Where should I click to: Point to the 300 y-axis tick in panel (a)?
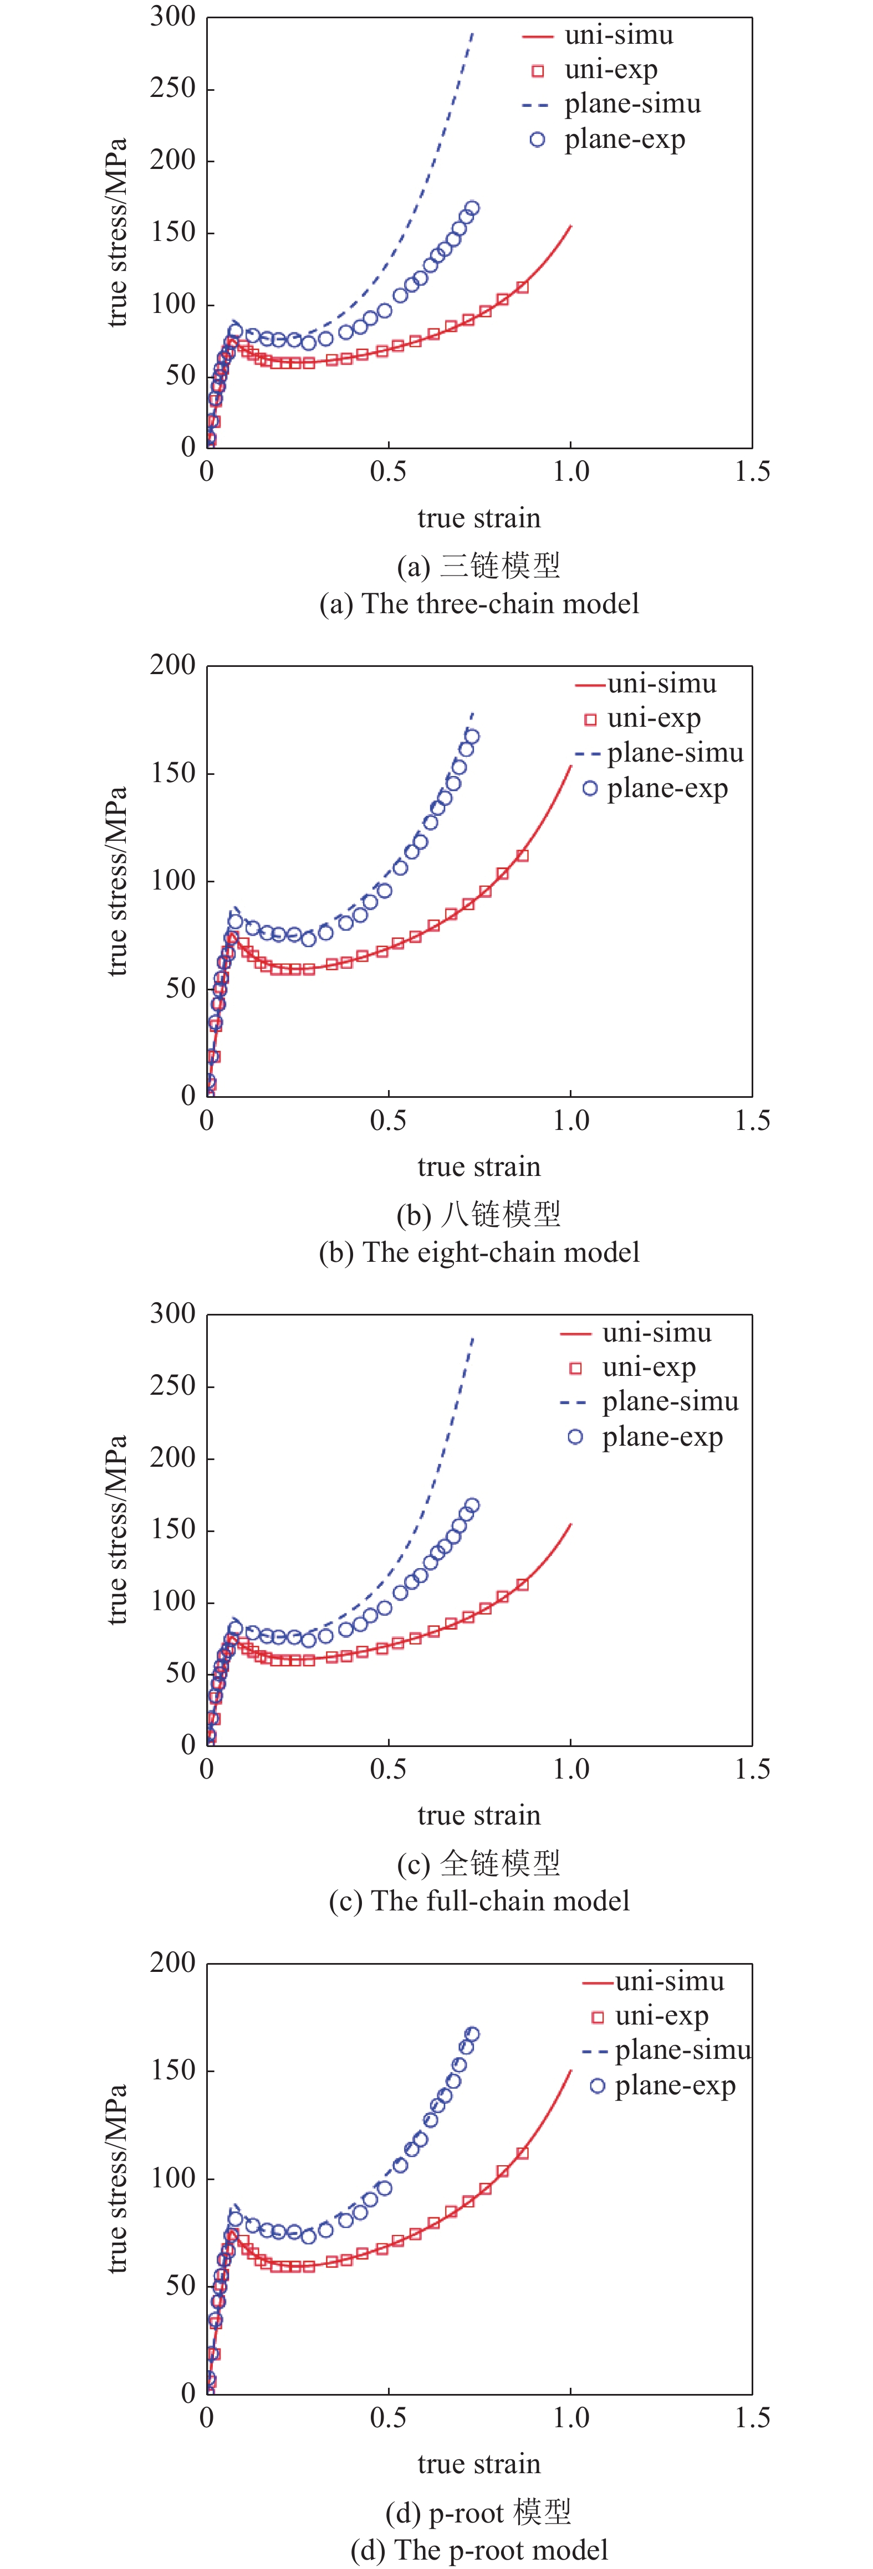point(172,17)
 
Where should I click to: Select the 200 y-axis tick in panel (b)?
point(172,665)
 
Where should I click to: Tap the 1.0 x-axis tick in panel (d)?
point(571,2418)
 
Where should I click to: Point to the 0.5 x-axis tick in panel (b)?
point(388,1121)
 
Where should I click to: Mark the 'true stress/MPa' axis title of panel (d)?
point(117,2179)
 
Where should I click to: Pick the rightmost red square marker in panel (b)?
point(522,856)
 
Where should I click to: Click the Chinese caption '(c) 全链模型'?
point(479,1863)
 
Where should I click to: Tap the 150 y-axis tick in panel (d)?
point(172,2070)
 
